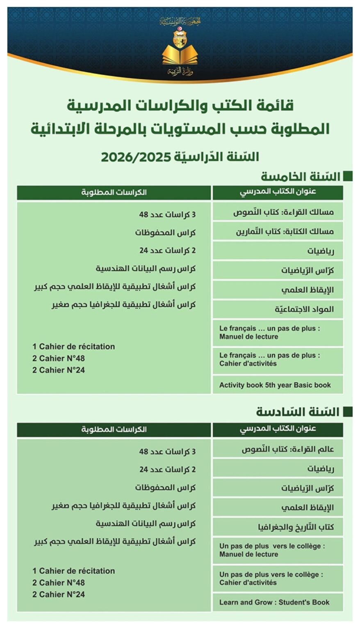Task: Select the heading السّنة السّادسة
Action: coord(298,412)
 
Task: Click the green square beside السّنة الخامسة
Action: coord(348,176)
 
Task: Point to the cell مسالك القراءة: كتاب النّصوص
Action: coord(283,212)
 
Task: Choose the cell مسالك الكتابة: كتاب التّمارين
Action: coord(285,231)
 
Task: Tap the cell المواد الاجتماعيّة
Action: coord(304,309)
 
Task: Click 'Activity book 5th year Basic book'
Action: coord(275,385)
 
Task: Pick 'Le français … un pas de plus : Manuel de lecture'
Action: coord(269,333)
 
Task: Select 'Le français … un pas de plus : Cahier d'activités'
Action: coord(269,359)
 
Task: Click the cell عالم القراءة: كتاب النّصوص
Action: coord(287,449)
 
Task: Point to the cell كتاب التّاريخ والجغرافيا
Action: coord(296,527)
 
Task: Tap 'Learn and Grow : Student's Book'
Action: coord(274,602)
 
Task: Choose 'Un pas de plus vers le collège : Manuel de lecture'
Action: coord(272,550)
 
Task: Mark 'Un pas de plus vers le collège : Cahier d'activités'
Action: coord(271,578)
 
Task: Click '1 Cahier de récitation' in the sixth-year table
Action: coord(74,571)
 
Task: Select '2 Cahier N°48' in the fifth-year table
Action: coord(59,358)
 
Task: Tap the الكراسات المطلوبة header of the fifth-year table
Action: coord(114,192)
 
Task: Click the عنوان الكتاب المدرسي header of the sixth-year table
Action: coord(278,429)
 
